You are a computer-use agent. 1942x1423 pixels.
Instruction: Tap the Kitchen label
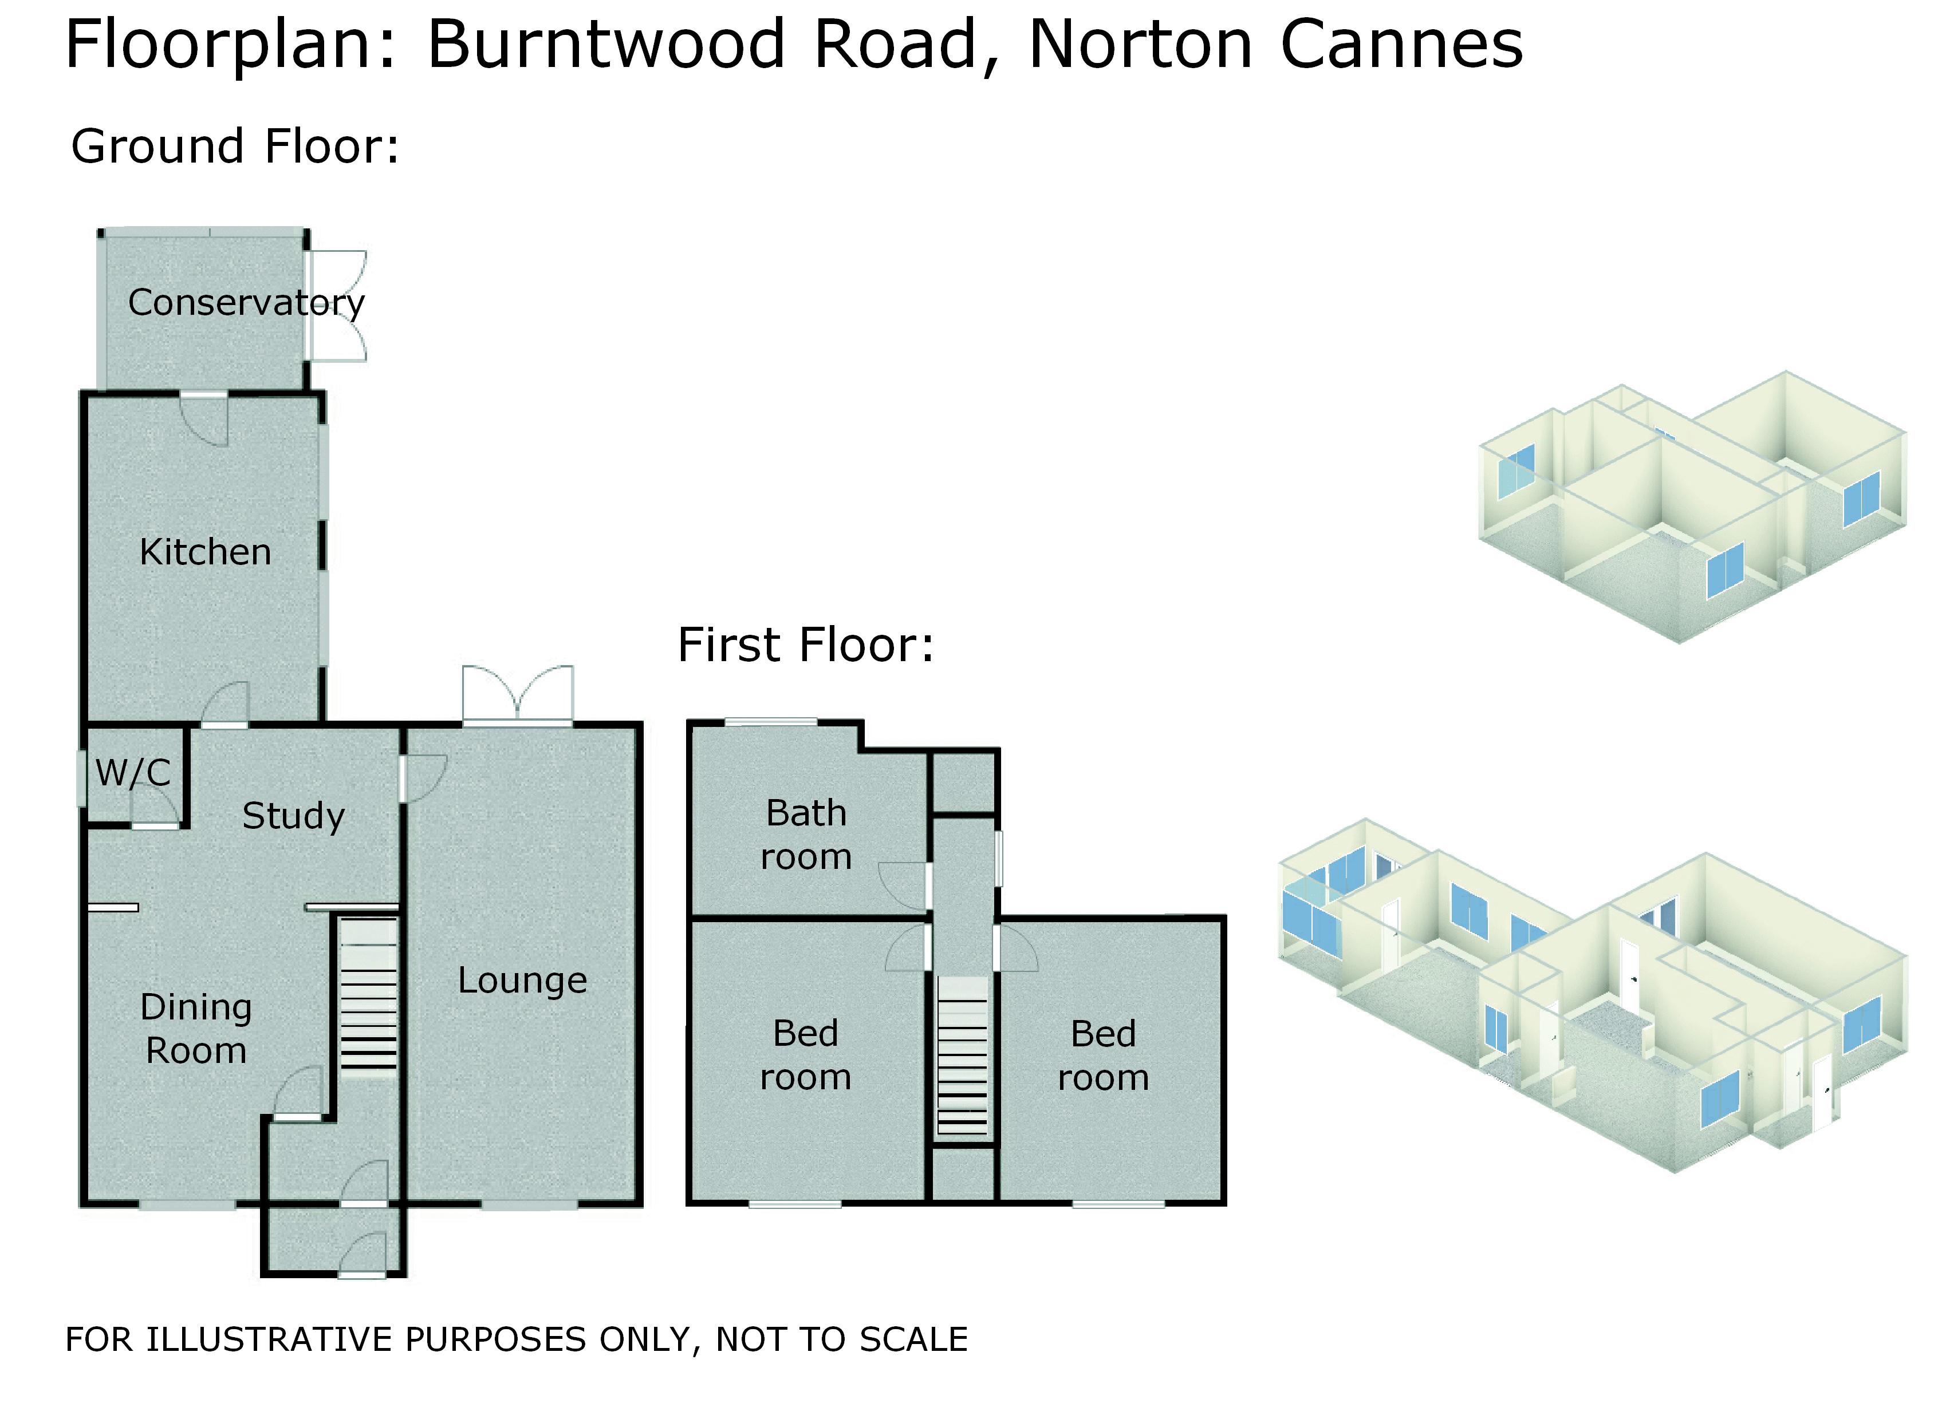[x=205, y=552]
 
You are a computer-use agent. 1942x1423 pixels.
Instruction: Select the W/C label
[x=133, y=773]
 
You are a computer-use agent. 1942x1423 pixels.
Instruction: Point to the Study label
[x=293, y=816]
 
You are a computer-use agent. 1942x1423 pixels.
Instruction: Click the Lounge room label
[x=522, y=981]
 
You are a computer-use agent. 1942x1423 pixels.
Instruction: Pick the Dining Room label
[x=196, y=1029]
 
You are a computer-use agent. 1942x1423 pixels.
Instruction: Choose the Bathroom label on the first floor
[x=806, y=835]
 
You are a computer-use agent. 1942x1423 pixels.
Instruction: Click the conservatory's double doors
[x=338, y=306]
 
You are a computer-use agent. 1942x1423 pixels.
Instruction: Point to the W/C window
[x=82, y=778]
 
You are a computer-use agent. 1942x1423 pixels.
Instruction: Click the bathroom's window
[x=771, y=722]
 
